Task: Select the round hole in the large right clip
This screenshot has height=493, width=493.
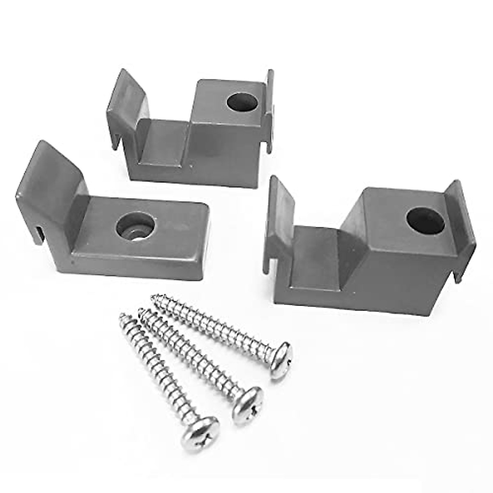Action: click(x=425, y=221)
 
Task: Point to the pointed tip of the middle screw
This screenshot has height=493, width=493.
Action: click(x=141, y=311)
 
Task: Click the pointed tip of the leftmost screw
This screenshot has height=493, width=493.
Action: click(x=122, y=316)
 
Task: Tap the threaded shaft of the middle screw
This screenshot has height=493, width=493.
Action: click(x=193, y=353)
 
